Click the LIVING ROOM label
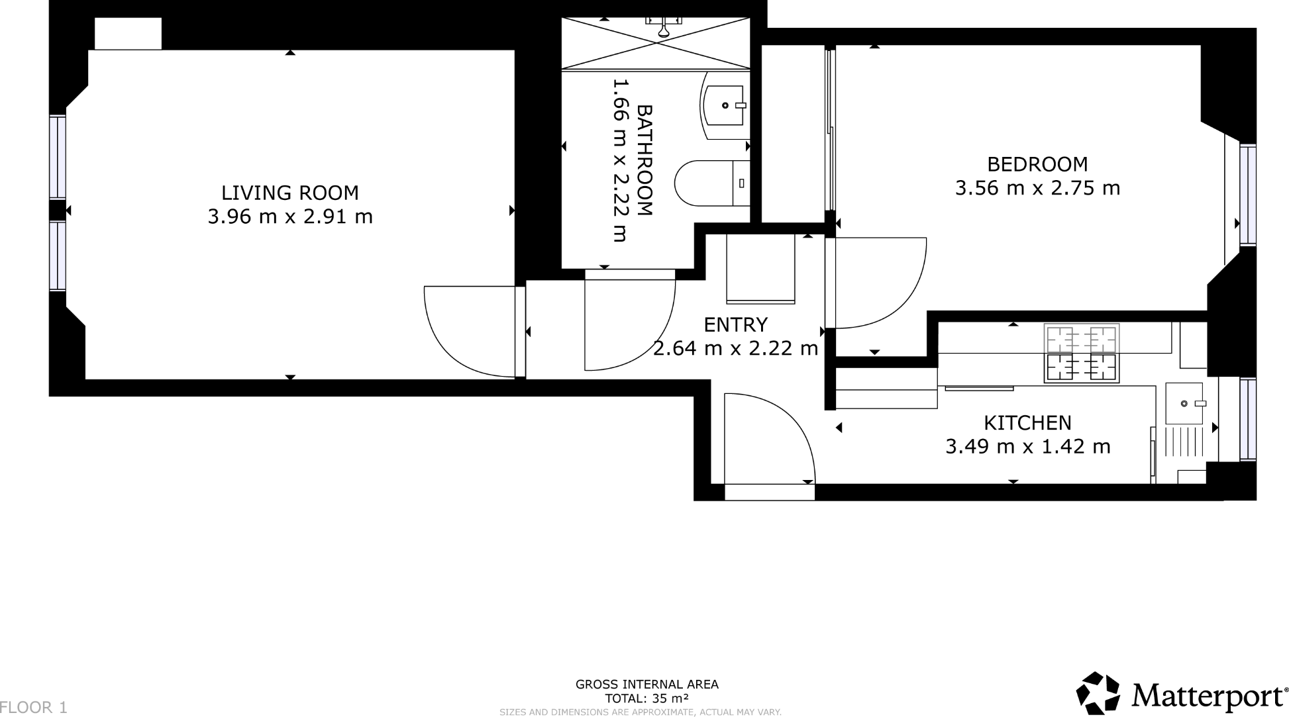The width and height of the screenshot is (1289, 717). [289, 193]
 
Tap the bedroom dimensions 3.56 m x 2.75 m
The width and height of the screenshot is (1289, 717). [1037, 188]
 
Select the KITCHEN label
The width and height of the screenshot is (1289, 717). [1027, 422]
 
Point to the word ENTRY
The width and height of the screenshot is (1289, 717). [735, 324]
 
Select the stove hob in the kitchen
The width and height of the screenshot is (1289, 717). [1081, 353]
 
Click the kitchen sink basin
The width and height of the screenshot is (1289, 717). [1184, 403]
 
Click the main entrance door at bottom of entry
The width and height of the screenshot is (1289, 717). [769, 492]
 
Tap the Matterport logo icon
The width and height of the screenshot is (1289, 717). [1098, 693]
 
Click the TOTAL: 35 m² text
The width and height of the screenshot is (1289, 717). [646, 698]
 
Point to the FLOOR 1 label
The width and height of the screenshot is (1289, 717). [34, 707]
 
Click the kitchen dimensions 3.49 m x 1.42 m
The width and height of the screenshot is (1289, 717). [1027, 446]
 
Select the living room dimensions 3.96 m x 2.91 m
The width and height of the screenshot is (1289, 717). [289, 216]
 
